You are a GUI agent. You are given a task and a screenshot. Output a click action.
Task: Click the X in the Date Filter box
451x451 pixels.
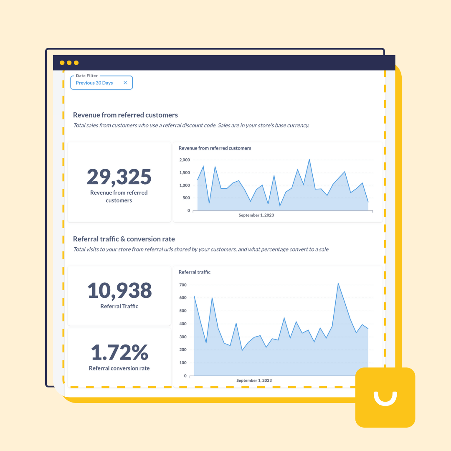point(125,83)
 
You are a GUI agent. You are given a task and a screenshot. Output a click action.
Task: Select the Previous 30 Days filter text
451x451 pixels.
point(94,83)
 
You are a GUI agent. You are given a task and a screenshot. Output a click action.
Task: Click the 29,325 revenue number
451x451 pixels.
point(119,177)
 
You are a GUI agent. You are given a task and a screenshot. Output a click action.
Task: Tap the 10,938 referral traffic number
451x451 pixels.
point(119,290)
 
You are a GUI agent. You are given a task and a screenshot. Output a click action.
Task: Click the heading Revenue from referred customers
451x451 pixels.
point(125,115)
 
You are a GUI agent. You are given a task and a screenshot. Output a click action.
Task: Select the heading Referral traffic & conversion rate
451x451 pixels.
point(124,239)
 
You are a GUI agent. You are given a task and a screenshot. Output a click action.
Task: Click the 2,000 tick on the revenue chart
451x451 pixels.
point(184,160)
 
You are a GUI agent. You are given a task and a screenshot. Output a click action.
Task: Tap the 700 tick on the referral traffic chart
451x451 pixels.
point(182,285)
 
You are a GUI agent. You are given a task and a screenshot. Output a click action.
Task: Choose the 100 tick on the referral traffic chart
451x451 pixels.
point(182,362)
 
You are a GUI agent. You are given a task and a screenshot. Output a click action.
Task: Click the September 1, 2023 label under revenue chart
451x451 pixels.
point(256,215)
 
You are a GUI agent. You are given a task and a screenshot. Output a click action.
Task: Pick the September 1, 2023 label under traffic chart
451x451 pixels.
point(254,380)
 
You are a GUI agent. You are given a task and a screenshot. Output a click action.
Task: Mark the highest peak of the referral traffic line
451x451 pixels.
point(338,284)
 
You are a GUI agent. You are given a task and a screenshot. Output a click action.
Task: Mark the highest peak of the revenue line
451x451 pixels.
point(309,160)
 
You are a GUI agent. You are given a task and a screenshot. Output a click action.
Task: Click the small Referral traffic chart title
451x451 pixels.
point(195,272)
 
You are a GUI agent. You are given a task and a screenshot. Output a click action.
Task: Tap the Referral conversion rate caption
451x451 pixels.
point(119,368)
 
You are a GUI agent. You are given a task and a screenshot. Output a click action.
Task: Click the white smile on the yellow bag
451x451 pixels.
point(385,399)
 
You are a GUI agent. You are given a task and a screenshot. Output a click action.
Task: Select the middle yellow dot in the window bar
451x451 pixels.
point(69,63)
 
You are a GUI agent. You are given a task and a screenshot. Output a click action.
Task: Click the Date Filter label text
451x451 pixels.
point(87,76)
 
